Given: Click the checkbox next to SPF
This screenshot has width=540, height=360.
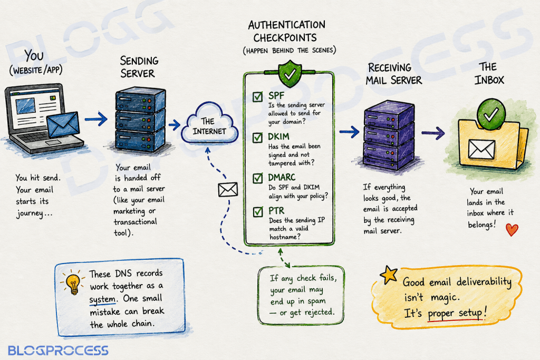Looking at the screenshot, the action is coord(257,96).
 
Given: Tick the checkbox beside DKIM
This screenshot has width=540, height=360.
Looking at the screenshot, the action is coord(257,138).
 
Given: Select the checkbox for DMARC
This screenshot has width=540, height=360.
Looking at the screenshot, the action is coord(257,178).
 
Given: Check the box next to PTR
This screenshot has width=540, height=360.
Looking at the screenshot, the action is coord(258,212).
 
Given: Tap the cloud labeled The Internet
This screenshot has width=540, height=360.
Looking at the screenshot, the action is coord(209,124).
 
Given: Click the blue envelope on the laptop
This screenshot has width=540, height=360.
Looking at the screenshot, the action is coord(63,124).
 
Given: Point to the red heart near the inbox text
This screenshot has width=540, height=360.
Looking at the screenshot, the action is coord(512,230).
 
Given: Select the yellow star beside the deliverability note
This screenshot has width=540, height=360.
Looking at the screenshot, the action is coord(389,275).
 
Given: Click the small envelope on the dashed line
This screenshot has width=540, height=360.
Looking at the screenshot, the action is coord(228,190).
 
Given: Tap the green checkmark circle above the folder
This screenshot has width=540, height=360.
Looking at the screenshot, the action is coord(491,114).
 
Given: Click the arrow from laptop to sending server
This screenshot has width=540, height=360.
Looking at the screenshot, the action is coord(96,119).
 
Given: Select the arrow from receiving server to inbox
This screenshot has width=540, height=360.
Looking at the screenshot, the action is coord(433,133).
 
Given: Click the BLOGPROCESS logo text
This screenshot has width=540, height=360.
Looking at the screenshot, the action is coord(58,351).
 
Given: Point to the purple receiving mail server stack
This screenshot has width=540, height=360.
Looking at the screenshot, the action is coord(389,134).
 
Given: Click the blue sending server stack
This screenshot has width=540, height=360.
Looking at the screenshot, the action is coord(140,120).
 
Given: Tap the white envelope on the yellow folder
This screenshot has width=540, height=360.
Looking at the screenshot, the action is coord(481,149).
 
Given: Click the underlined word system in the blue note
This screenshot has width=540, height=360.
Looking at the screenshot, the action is coord(103,299).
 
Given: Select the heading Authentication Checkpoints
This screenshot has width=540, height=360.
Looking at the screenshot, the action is coord(287,31).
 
